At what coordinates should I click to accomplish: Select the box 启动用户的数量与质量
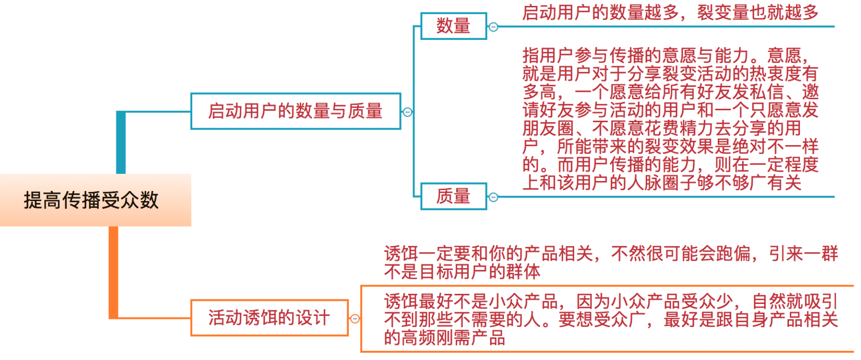(x=295, y=112)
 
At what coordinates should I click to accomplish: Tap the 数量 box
(x=453, y=26)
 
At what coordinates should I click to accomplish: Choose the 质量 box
(x=453, y=197)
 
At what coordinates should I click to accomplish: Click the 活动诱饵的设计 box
(x=269, y=318)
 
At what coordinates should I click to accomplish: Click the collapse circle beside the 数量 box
(x=493, y=27)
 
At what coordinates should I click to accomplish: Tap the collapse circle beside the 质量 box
(x=493, y=197)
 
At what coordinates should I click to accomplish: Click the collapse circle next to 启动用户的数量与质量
(x=407, y=112)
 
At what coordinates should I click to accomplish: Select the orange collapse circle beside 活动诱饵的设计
(x=355, y=319)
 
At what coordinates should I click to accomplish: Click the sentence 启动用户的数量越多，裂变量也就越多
(x=670, y=12)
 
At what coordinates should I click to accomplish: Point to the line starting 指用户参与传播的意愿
(x=665, y=56)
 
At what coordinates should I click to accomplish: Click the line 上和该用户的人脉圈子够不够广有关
(x=662, y=183)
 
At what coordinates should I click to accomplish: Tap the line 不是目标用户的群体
(x=462, y=272)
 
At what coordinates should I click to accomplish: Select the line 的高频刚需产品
(x=444, y=338)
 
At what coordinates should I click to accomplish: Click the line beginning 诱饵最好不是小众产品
(x=610, y=302)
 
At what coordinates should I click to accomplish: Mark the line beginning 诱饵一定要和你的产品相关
(x=610, y=253)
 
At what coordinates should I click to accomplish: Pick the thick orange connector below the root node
(x=113, y=271)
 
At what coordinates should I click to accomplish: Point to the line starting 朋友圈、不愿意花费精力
(x=662, y=128)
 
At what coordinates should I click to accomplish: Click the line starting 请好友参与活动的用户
(x=670, y=110)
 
